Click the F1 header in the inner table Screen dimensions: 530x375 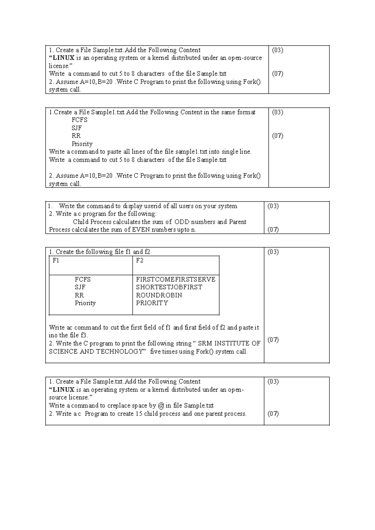tap(56, 261)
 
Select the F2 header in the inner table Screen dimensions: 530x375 tap(140, 261)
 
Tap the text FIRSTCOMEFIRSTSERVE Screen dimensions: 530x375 tap(176, 279)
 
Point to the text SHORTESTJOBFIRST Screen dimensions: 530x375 tap(169, 287)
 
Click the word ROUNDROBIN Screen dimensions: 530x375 tap(159, 295)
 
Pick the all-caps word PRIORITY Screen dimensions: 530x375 tap(152, 303)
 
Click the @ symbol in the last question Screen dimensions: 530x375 tap(161, 406)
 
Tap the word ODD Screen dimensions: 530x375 tap(182, 222)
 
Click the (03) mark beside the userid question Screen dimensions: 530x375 tap(273, 206)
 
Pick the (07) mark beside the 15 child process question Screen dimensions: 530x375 tap(273, 414)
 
